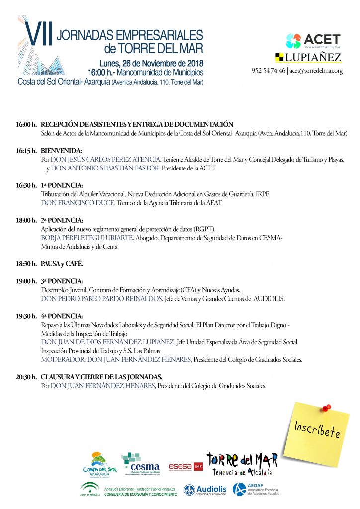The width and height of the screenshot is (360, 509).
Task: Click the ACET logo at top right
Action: click(x=313, y=40)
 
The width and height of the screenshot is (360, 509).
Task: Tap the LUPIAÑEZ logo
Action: click(x=308, y=57)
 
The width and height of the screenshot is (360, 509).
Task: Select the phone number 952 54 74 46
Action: click(x=268, y=71)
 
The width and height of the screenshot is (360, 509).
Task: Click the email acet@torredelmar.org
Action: click(x=316, y=71)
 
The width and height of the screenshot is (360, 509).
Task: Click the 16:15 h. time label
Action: click(x=26, y=150)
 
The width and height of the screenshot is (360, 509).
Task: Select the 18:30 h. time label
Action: click(x=26, y=263)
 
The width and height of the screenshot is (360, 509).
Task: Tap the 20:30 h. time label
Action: click(x=26, y=377)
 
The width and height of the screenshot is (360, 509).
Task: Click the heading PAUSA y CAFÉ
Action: click(x=62, y=263)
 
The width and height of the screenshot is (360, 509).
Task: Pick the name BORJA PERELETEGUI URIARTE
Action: click(x=87, y=238)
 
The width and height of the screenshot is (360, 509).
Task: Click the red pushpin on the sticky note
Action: click(x=326, y=408)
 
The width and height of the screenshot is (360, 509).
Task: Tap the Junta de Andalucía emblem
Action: click(x=90, y=490)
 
